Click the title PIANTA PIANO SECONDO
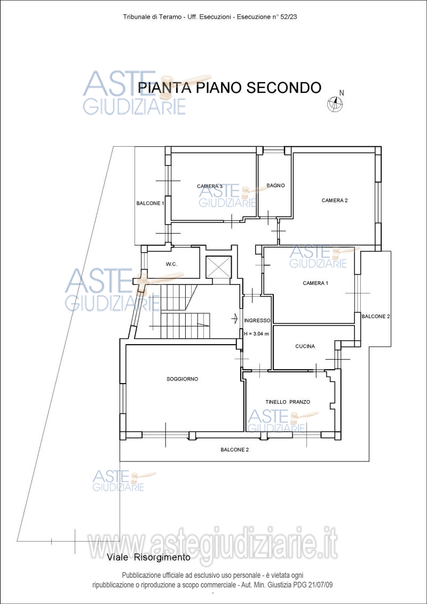(230, 88)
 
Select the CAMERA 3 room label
(210, 186)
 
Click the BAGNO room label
(275, 185)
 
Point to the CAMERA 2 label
(335, 200)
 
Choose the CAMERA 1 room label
(315, 283)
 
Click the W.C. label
(171, 264)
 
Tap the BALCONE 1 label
(151, 203)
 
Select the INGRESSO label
(257, 321)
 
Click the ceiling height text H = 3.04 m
(257, 333)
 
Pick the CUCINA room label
(305, 346)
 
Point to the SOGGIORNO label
(183, 379)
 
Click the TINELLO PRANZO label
(288, 402)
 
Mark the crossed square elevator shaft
(218, 267)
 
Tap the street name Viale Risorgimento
(149, 557)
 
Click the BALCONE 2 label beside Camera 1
(376, 316)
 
